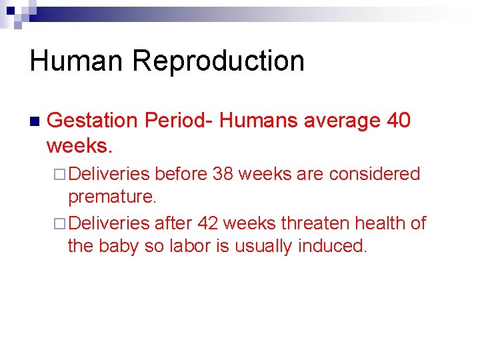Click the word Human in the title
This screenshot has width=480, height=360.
tap(77, 61)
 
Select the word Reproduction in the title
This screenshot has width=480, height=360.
tap(218, 61)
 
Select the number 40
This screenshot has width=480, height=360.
tap(398, 121)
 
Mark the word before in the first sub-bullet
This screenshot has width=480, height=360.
tap(180, 174)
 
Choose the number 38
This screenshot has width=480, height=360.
tap(222, 174)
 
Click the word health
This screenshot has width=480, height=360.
tap(381, 223)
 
